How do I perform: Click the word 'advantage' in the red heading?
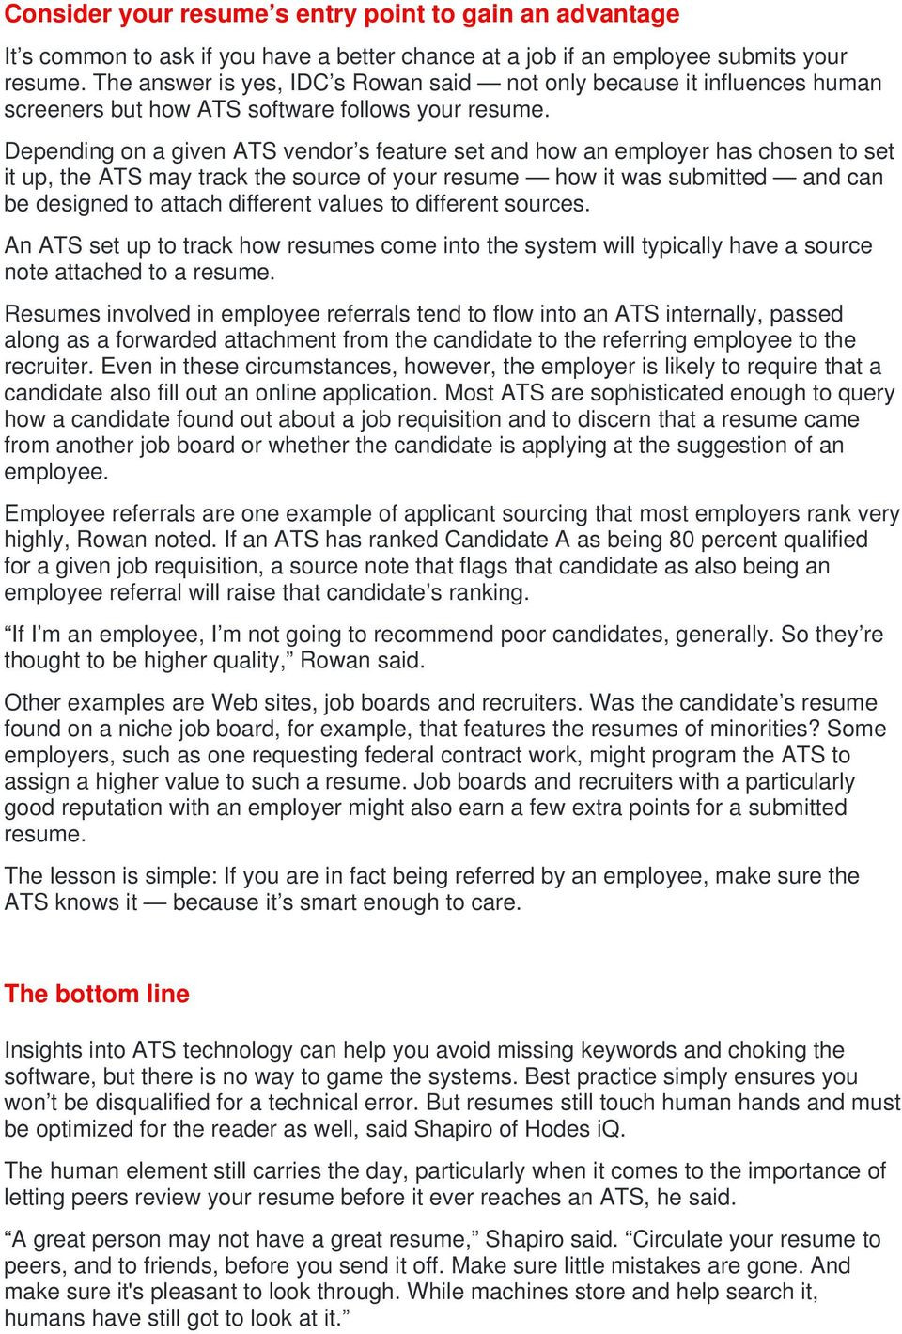tap(615, 14)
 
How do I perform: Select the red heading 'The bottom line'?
tap(97, 994)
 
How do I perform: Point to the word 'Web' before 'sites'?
tap(234, 702)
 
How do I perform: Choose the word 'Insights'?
tap(41, 1050)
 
